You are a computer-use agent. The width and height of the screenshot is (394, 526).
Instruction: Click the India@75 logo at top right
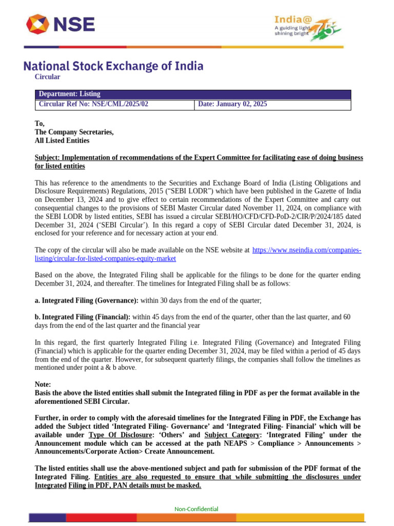click(x=306, y=26)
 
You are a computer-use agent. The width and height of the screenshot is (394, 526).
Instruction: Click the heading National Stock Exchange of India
click(x=113, y=66)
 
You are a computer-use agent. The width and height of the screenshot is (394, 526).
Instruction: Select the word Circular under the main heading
click(x=47, y=77)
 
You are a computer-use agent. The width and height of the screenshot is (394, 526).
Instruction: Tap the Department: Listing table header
click(x=69, y=94)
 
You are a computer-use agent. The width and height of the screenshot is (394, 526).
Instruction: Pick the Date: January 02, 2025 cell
click(x=232, y=104)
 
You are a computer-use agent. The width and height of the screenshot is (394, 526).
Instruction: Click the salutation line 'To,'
click(x=40, y=123)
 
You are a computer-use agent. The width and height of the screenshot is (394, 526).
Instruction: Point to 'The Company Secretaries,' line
click(x=74, y=132)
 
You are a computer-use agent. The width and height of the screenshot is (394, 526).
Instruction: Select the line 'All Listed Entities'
click(x=62, y=141)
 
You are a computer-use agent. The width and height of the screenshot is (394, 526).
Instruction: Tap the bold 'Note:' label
click(x=43, y=384)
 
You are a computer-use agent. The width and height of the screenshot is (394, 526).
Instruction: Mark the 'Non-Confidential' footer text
click(x=196, y=509)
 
